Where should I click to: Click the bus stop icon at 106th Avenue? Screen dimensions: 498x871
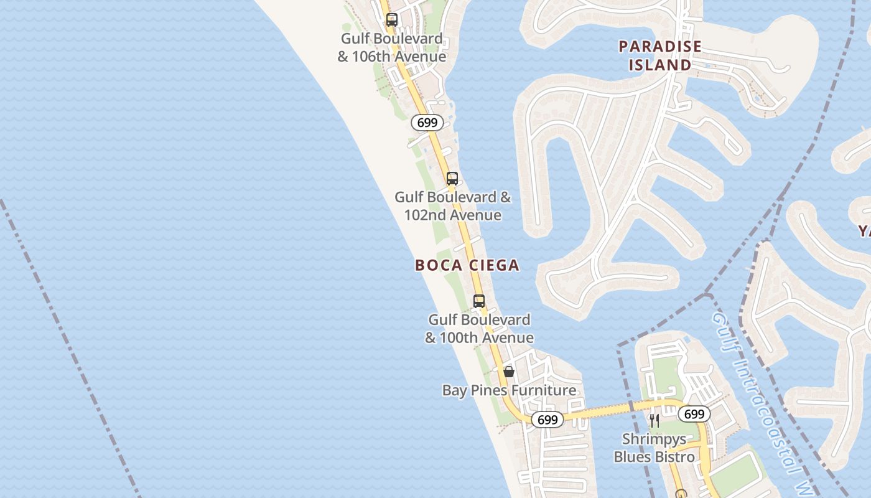pos(391,19)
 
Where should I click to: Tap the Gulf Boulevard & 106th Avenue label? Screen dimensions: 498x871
pos(392,47)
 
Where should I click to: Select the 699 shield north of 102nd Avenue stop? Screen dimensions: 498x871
pos(427,123)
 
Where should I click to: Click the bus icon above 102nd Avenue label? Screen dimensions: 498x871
pos(452,179)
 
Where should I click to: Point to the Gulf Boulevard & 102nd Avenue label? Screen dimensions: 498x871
pos(453,206)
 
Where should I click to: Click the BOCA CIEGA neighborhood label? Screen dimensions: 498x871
pos(467,265)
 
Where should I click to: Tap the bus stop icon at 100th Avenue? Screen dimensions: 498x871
pos(479,301)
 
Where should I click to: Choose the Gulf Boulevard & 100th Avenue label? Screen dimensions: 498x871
pos(479,329)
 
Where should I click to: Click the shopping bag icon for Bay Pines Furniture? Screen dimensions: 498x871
pos(509,372)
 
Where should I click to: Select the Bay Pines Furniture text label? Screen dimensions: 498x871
pos(509,390)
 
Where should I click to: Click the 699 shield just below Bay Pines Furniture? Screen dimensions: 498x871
pos(547,420)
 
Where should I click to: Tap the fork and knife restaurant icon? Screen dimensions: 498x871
pos(654,421)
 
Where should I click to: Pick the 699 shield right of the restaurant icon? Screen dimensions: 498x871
pos(694,414)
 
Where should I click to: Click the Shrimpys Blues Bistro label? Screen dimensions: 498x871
pos(654,448)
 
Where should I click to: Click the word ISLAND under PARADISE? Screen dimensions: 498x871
pos(660,65)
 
